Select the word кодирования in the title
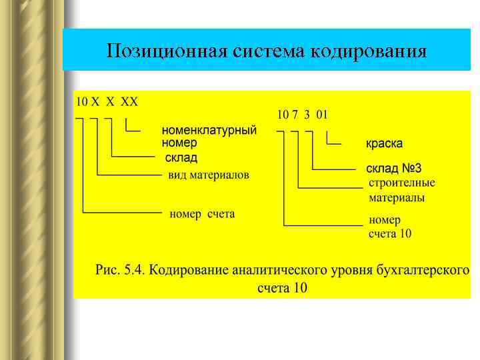pos(368,51)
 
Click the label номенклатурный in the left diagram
pos(209,131)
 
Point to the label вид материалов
pos(208,175)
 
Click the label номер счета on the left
pos(202,214)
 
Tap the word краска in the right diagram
pos(384,144)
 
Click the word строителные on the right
pos(402,182)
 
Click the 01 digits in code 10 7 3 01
pos(322,114)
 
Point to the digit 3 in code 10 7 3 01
pos(307,114)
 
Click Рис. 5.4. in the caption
pos(120,271)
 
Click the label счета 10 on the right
pos(390,233)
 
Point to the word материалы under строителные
pos(397,198)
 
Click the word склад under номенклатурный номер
pos(181,157)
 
